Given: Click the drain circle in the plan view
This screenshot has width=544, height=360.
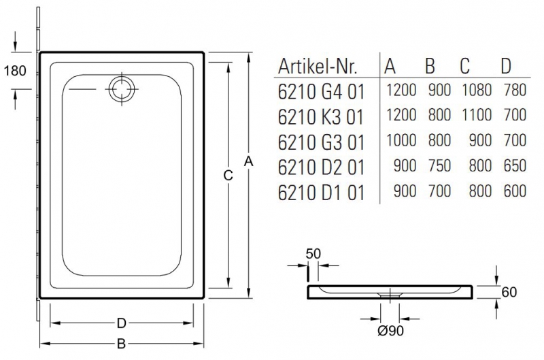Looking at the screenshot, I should tap(122, 88).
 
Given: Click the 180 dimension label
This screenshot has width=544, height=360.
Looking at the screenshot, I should tap(14, 69).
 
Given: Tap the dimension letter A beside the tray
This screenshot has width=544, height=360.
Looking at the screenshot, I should tap(249, 162).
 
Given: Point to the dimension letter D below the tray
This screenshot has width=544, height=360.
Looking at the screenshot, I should tap(122, 323).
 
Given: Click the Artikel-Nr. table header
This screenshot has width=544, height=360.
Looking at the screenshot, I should tap(327, 67).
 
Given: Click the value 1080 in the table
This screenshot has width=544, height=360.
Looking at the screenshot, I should tap(476, 89).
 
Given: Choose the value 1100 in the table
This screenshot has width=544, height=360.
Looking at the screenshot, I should tap(476, 115).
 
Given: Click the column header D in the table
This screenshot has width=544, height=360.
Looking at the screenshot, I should tap(506, 66).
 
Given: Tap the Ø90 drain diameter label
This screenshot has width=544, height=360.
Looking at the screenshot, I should tap(390, 331).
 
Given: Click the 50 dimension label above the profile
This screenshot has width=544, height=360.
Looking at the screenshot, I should tap(313, 254).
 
